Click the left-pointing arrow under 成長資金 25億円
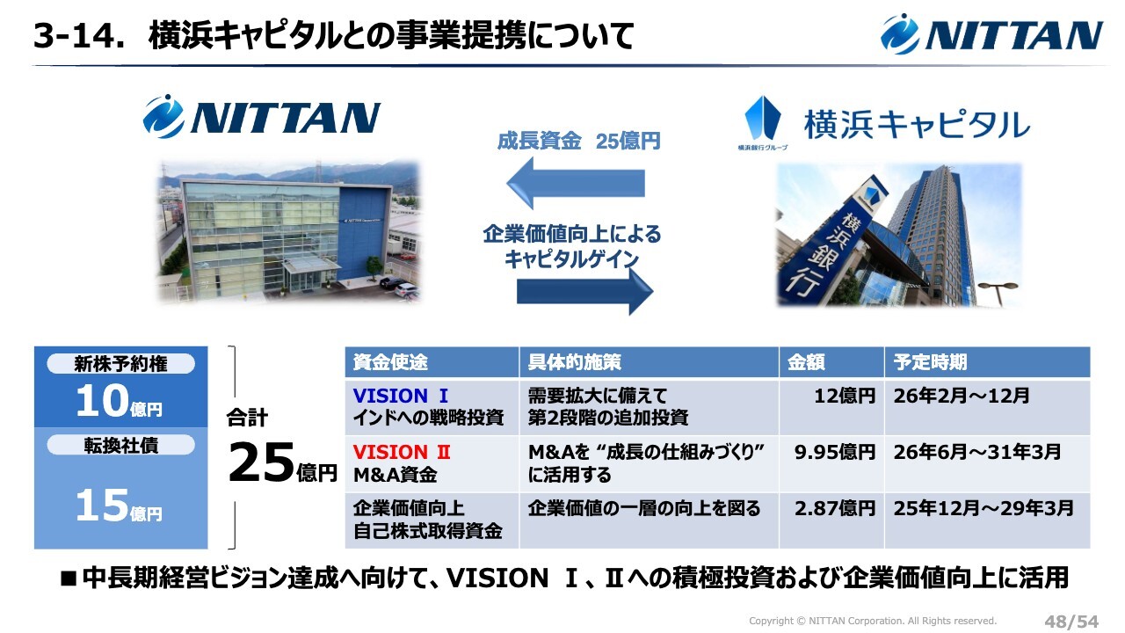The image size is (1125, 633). point(576,183)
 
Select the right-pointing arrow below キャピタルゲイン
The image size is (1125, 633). point(585,291)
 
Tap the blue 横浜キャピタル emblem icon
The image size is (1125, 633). point(762,119)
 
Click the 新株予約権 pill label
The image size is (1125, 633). point(120,364)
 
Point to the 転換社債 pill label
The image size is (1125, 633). point(120,445)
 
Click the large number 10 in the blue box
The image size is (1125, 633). point(103,401)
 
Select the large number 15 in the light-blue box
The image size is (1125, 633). point(103,505)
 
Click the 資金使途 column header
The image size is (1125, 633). point(390,362)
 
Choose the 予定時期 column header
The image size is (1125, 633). point(930,362)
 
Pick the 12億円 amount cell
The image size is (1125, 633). point(845,396)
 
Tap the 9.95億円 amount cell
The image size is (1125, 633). point(835,452)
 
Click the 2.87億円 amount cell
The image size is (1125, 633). point(835,508)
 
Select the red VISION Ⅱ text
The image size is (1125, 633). point(402,452)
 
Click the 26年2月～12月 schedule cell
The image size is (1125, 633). point(962,396)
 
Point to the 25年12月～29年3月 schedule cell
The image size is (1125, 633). point(983,508)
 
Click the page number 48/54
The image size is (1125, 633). point(1071,622)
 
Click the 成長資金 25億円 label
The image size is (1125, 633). point(578,142)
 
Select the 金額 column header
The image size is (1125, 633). point(806,362)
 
